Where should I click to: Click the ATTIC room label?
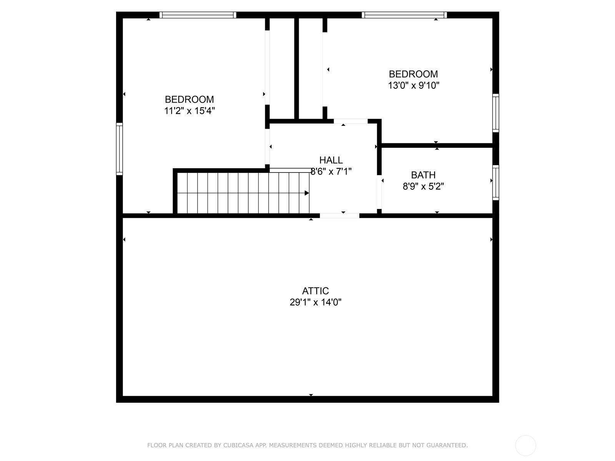pyautogui.click(x=315, y=291)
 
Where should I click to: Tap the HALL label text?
pyautogui.click(x=331, y=160)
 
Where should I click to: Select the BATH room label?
pyautogui.click(x=423, y=175)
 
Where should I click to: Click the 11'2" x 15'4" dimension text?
pyautogui.click(x=189, y=111)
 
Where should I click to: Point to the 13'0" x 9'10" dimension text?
pyautogui.click(x=413, y=85)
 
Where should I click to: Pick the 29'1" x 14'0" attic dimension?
pyautogui.click(x=316, y=302)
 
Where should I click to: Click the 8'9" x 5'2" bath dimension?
pyautogui.click(x=423, y=186)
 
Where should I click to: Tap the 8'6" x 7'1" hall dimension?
pyautogui.click(x=331, y=171)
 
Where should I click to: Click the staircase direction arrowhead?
pyautogui.click(x=307, y=193)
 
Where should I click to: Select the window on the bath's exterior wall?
pyautogui.click(x=495, y=182)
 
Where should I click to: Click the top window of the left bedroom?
pyautogui.click(x=198, y=15)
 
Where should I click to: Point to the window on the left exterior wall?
pyautogui.click(x=120, y=149)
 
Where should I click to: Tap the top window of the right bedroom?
pyautogui.click(x=404, y=15)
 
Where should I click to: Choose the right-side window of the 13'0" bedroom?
pyautogui.click(x=495, y=113)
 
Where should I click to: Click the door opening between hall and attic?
pyautogui.click(x=339, y=216)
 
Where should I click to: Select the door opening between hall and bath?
pyautogui.click(x=379, y=192)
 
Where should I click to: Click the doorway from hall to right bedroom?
pyautogui.click(x=351, y=121)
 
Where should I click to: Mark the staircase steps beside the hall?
pyautogui.click(x=243, y=193)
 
